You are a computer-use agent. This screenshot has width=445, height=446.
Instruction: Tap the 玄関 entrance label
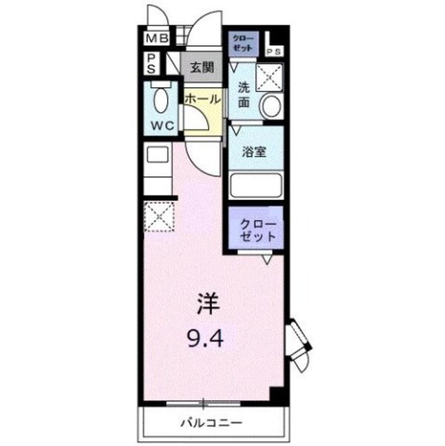(202, 68)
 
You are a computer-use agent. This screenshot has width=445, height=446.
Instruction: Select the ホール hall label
(202, 99)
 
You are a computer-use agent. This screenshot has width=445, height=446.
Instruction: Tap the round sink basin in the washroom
(271, 106)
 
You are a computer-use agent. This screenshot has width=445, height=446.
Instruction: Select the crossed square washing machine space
(269, 77)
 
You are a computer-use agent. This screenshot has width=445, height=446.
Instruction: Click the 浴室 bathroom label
(255, 152)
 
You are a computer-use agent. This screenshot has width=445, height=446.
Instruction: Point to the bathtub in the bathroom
(255, 184)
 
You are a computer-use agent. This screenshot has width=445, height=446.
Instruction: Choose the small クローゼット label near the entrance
(243, 42)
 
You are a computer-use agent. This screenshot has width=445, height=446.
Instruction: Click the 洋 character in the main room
(209, 304)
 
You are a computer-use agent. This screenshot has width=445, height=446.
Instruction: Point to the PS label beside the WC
(151, 63)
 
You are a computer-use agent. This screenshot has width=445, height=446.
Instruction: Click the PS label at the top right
(274, 51)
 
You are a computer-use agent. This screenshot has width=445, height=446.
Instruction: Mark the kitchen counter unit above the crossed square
(158, 172)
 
